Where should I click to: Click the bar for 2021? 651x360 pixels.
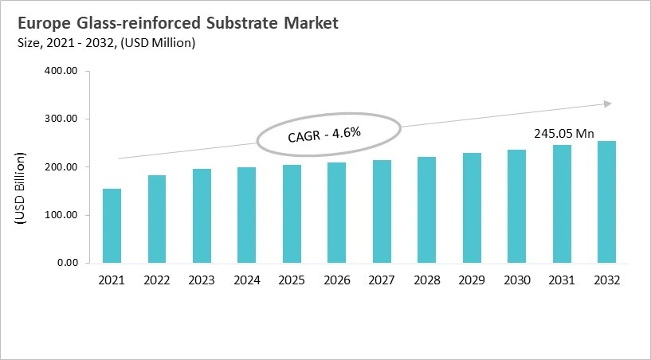(x=111, y=225)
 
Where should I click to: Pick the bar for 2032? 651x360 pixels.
(x=607, y=202)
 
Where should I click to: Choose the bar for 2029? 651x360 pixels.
(x=471, y=208)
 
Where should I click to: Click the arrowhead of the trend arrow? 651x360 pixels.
(x=607, y=104)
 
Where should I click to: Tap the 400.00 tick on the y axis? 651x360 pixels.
(x=61, y=71)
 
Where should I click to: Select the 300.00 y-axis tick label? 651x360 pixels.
(x=61, y=119)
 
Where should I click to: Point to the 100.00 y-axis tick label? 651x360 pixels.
(x=61, y=215)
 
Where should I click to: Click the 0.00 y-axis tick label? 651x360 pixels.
(x=65, y=263)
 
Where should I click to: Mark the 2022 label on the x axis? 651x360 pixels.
(x=156, y=280)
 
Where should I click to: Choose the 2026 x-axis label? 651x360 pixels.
(x=337, y=280)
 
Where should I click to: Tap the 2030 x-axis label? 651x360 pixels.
(x=517, y=280)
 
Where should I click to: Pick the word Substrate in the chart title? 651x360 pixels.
(x=238, y=23)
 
